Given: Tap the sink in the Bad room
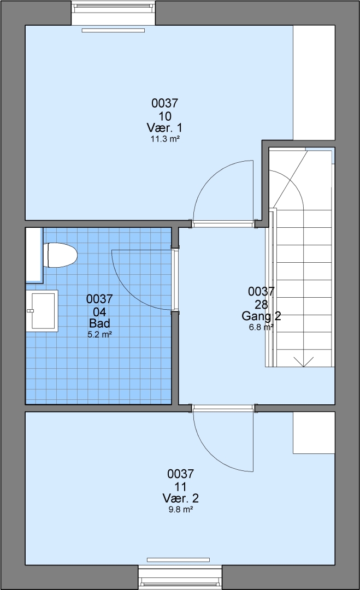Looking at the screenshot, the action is tap(42, 311).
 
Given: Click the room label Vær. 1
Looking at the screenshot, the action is tap(164, 127).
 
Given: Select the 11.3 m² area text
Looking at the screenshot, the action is tap(165, 139).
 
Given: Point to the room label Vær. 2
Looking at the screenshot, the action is tap(181, 498).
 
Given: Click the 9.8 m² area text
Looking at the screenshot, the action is tap(181, 510).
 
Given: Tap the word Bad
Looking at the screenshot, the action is tap(99, 323).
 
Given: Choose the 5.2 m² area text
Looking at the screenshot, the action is tap(99, 334).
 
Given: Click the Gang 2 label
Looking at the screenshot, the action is tap(261, 316).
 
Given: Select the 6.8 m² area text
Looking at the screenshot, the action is tap(261, 327).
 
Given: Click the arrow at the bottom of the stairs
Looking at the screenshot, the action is tap(303, 362).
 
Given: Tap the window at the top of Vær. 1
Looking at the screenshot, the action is tap(113, 13).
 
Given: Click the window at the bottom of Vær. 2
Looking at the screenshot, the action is tap(180, 577).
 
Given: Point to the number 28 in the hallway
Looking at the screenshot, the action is tap(261, 304).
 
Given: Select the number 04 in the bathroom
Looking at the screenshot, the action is tap(99, 311).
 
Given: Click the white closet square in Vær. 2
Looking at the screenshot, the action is tap(314, 433).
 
